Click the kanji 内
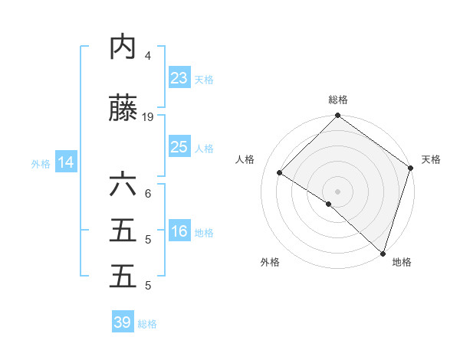tap(123, 47)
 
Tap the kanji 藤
tap(123, 110)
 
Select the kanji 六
tap(123, 186)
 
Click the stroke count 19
tap(148, 117)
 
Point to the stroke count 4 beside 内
tap(148, 55)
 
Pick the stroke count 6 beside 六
tap(148, 193)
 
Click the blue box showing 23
tap(179, 78)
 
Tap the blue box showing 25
tap(179, 147)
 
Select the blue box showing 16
tap(179, 231)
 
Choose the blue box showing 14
tap(66, 162)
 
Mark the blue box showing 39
tap(123, 322)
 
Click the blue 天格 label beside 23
tap(204, 80)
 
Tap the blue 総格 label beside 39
tap(147, 324)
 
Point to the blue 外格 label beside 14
tap(41, 163)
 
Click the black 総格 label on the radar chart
tap(338, 100)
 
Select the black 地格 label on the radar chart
tap(402, 263)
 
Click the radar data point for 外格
tap(328, 205)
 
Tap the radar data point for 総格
tap(337, 116)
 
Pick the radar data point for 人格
tap(280, 173)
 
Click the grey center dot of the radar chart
tap(337, 191)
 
